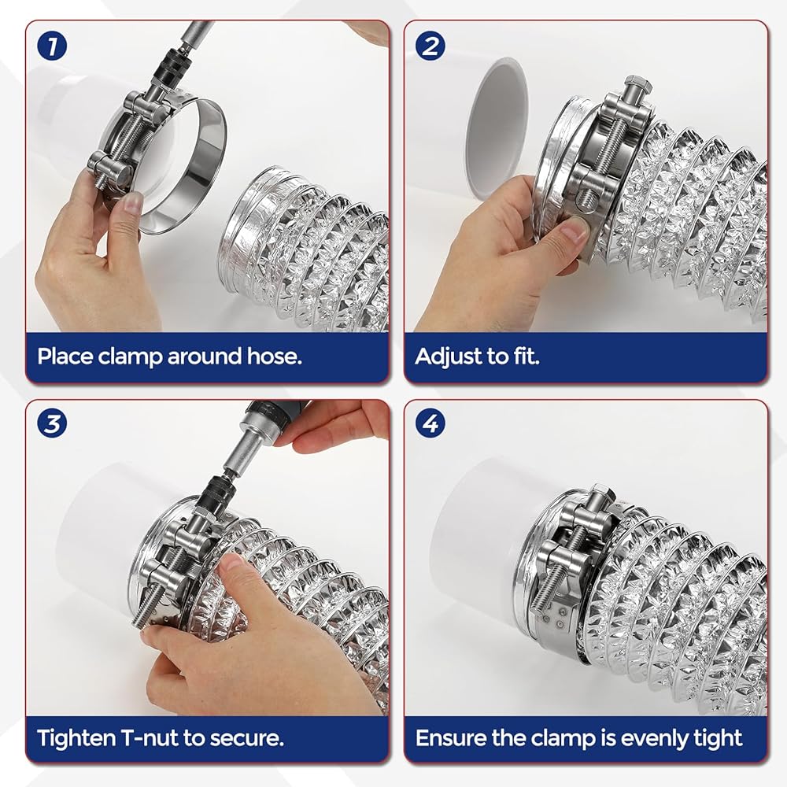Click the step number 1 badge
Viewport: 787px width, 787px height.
pos(52,46)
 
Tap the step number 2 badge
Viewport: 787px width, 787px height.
pos(430,46)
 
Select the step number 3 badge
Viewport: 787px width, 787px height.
pos(52,423)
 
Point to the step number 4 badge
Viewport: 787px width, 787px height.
pos(430,423)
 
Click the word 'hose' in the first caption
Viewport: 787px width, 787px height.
pos(274,357)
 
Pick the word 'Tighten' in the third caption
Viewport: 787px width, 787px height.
pos(77,739)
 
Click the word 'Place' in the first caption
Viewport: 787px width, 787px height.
pos(65,357)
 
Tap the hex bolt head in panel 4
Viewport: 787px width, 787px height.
pos(603,494)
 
